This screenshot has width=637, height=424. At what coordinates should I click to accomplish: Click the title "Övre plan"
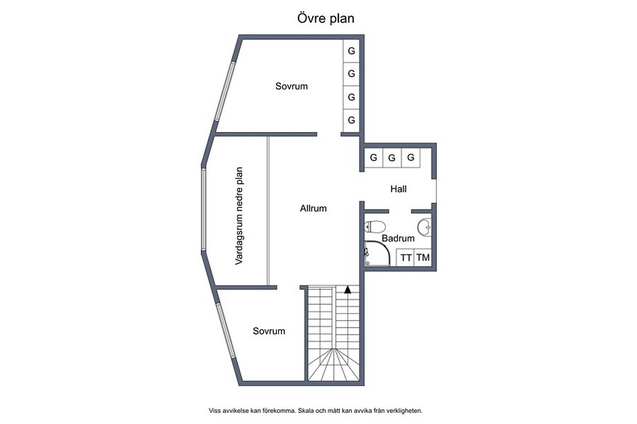(326, 18)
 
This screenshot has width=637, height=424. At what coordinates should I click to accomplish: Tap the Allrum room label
(313, 209)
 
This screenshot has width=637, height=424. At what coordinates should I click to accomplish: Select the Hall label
(398, 189)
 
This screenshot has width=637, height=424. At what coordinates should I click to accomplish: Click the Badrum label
(398, 238)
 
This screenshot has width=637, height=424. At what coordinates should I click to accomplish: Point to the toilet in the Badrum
(374, 226)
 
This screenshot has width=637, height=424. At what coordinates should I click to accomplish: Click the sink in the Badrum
(424, 227)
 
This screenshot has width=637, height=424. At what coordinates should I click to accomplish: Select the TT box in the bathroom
(405, 257)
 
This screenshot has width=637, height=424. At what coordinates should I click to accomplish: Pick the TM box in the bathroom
(423, 257)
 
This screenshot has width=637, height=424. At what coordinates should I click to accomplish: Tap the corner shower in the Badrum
(377, 253)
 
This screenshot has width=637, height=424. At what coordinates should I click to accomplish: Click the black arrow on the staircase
(348, 290)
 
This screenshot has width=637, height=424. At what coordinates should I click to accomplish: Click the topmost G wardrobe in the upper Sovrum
(352, 51)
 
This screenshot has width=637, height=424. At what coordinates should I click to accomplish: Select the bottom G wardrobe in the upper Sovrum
(352, 120)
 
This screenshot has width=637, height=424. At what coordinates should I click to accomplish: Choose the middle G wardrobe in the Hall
(392, 158)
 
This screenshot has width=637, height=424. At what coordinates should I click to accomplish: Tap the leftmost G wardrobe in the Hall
(374, 158)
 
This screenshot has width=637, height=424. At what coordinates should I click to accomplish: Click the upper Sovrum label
(291, 86)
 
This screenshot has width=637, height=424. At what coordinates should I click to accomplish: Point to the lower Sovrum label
(269, 331)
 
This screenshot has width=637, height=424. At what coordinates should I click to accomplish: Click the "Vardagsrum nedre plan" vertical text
(239, 216)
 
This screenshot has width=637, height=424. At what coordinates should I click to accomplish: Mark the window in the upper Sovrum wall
(225, 91)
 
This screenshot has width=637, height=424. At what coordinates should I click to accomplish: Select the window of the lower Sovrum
(226, 330)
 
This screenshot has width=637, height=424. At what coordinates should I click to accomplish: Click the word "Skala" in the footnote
(305, 411)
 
